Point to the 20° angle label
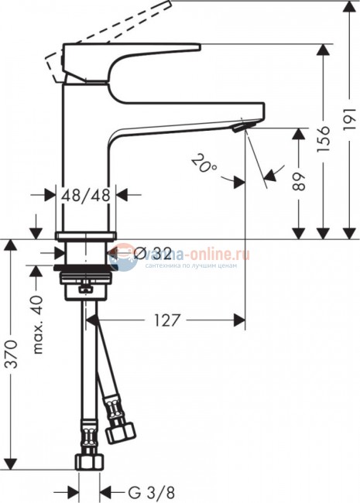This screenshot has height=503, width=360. pyautogui.click(x=203, y=163)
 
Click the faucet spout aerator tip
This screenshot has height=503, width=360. pyautogui.click(x=245, y=125)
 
